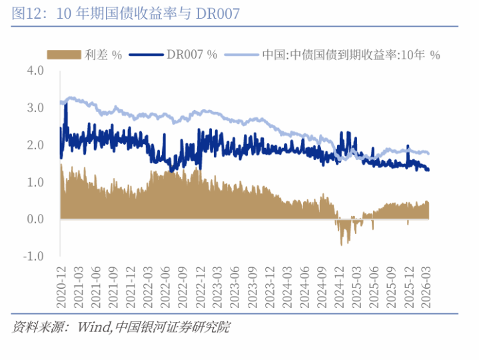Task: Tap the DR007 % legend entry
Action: pyautogui.click(x=193, y=55)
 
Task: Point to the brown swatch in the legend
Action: pyautogui.click(x=63, y=55)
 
